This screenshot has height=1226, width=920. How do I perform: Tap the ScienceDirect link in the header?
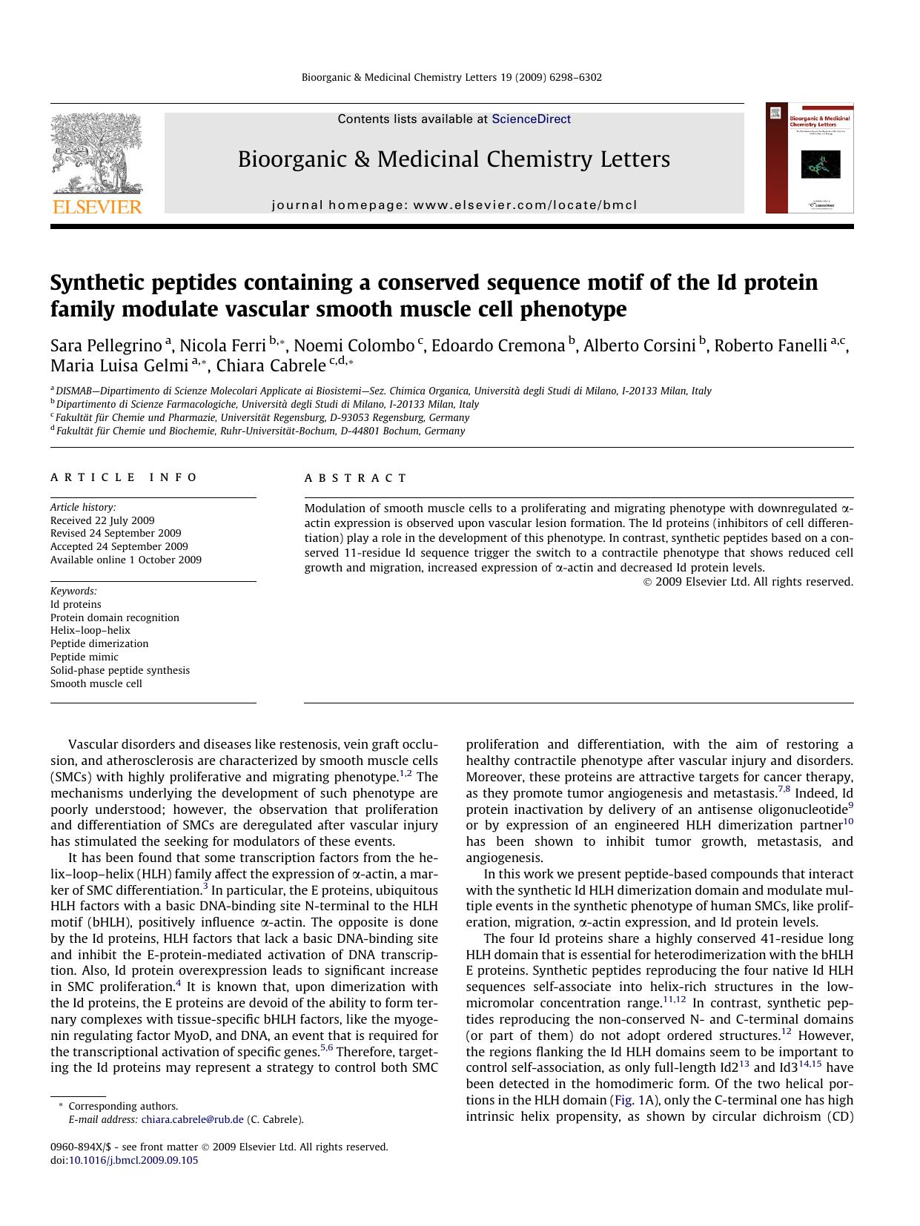coord(531,119)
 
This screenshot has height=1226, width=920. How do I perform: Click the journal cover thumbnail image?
coord(809,158)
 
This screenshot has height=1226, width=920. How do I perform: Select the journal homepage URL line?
coord(454,205)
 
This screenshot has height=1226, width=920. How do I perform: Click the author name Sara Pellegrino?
coord(106,346)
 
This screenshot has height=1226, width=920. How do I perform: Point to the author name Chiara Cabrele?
coord(271,365)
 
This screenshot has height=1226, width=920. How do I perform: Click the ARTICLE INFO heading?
coord(124,477)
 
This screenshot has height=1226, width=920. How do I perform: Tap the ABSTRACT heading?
coord(355,478)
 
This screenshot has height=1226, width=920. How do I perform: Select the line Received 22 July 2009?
coord(102,520)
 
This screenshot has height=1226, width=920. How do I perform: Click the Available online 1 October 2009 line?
coord(126,560)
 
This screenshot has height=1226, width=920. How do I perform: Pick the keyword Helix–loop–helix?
coord(90,630)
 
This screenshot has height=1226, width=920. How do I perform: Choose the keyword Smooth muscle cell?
coord(96,683)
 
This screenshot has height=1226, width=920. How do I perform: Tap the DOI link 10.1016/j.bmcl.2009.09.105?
coord(133,1160)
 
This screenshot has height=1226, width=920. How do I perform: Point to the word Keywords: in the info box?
coord(73,591)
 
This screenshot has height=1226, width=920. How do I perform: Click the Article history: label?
coord(83,507)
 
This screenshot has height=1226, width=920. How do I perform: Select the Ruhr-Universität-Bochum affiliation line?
coord(259,431)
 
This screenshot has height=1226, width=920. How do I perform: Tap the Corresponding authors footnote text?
coord(123,1106)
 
